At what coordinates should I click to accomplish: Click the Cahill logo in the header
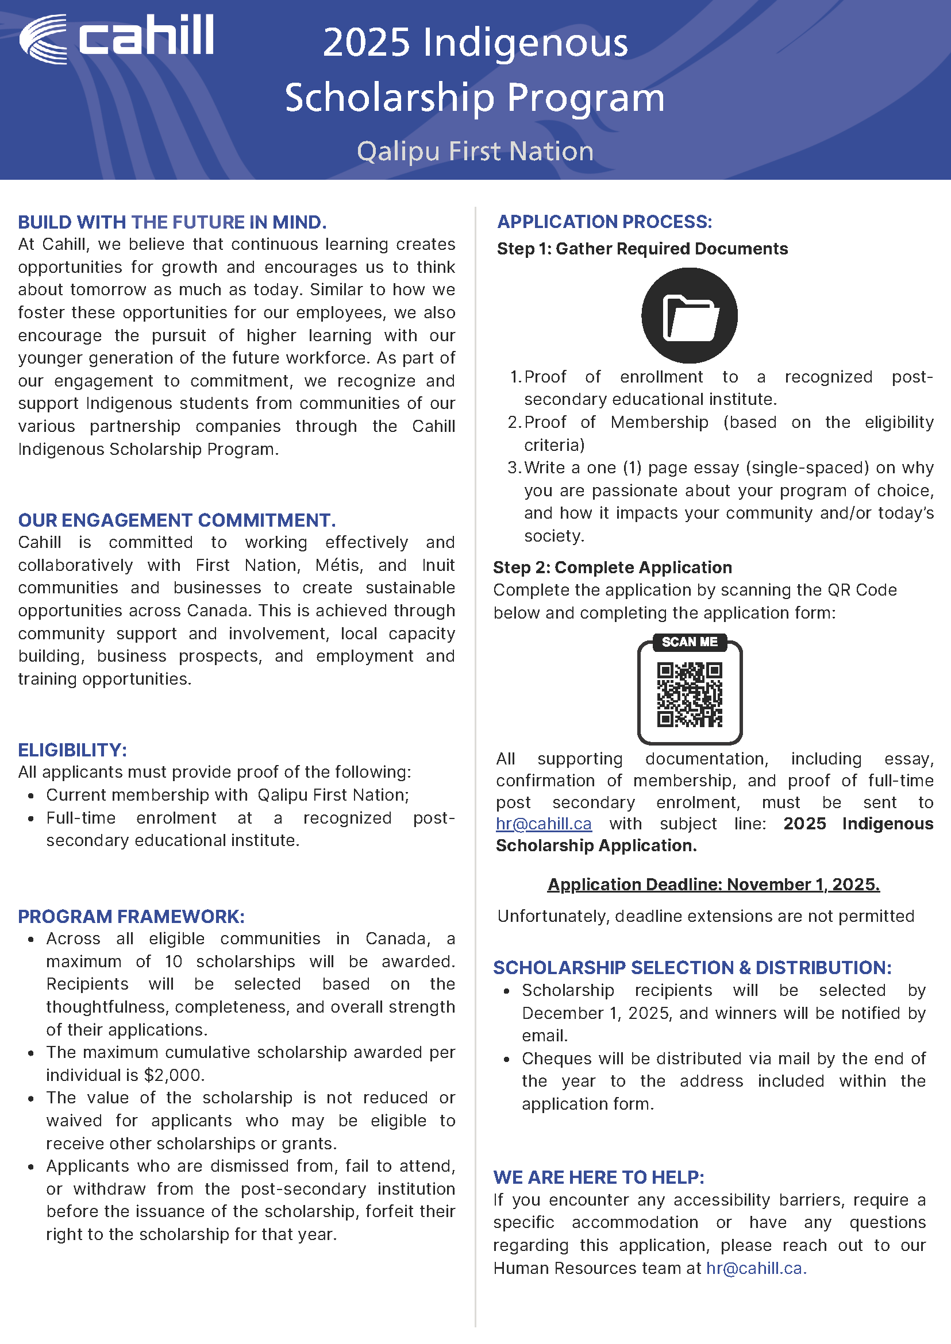[x=117, y=38]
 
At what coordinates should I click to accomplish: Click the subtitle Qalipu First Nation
[x=475, y=151]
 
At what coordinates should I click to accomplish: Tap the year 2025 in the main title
[x=367, y=43]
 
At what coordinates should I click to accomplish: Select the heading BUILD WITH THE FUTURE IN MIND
[x=172, y=222]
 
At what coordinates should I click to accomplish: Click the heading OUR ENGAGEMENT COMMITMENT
[x=177, y=520]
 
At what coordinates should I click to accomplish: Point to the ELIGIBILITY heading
[x=72, y=750]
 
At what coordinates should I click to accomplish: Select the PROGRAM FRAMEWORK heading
[x=131, y=917]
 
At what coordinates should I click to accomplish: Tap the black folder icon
[x=689, y=315]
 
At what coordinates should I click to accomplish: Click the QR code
[x=689, y=695]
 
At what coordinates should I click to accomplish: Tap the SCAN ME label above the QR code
[x=689, y=642]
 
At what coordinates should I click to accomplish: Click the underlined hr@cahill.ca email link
[x=544, y=824]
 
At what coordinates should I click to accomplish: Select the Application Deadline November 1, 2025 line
[x=713, y=885]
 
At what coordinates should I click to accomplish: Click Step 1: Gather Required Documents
[x=642, y=249]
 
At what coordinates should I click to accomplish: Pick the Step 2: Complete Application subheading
[x=613, y=567]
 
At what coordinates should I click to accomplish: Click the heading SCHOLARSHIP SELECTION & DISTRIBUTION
[x=692, y=968]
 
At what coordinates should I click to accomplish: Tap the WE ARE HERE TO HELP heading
[x=599, y=1178]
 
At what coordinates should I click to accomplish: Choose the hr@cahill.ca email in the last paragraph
[x=756, y=1269]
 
